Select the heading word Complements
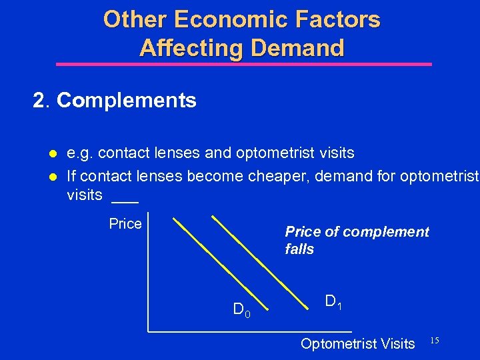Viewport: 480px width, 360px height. click(x=127, y=101)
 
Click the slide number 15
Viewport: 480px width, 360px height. click(x=434, y=341)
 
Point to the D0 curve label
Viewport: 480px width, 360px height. click(x=241, y=310)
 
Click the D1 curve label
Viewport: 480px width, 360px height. click(x=333, y=302)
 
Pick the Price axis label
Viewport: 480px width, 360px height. click(x=125, y=224)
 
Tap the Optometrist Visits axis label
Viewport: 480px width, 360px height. click(x=357, y=344)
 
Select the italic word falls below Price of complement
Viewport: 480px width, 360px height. click(x=299, y=249)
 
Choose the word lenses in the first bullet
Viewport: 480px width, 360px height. click(x=177, y=153)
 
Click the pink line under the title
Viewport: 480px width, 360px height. click(x=243, y=65)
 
